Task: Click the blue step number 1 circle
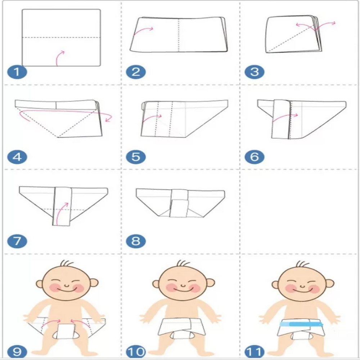pos(17,72)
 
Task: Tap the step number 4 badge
pos(17,157)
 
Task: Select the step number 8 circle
pos(136,241)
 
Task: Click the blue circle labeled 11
pos(255,352)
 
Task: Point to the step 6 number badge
pos(255,157)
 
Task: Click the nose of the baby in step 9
pos(66,285)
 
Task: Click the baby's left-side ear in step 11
pos(275,285)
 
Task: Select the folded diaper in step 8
pos(180,203)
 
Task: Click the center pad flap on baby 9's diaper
pos(66,332)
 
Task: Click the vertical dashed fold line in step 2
pos(179,35)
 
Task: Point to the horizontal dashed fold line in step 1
pos(61,37)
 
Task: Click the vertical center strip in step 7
pos(62,206)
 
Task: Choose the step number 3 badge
pos(255,72)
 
